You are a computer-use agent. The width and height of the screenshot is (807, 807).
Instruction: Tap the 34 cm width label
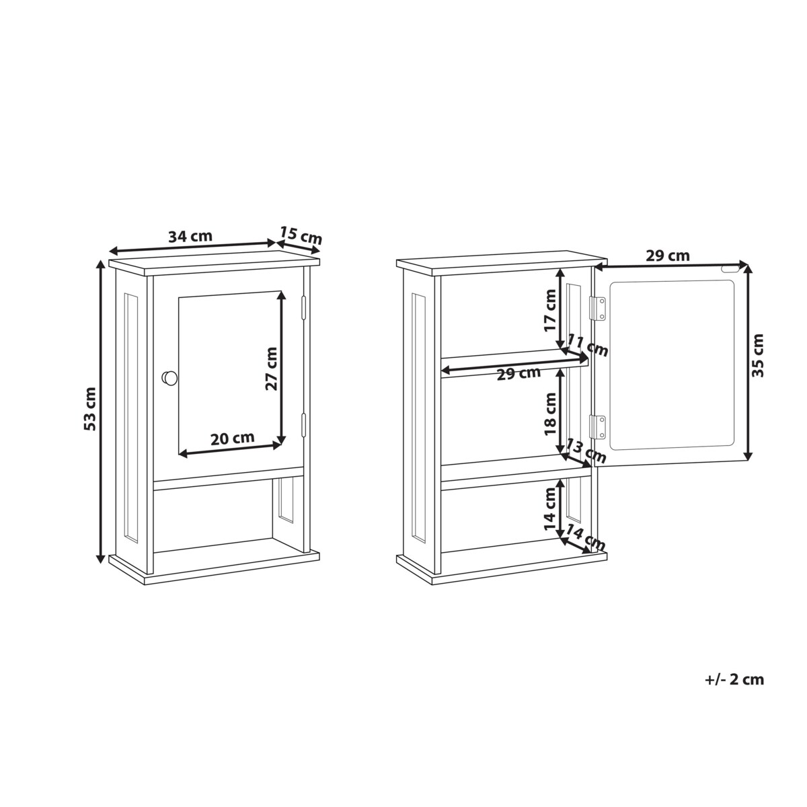click(190, 237)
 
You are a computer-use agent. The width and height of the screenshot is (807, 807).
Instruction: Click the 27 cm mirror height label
click(271, 368)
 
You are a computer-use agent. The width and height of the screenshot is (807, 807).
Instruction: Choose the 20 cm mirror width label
click(233, 438)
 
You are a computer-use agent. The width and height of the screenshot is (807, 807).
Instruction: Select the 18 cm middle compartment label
click(550, 414)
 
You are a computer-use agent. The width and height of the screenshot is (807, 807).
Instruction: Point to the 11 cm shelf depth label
click(588, 346)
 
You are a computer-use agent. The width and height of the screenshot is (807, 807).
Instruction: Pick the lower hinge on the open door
click(598, 426)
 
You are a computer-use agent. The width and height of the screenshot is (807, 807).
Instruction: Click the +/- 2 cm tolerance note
click(734, 679)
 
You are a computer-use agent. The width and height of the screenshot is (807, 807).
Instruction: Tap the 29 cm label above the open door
click(667, 256)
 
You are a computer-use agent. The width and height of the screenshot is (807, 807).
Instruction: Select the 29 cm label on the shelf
click(518, 373)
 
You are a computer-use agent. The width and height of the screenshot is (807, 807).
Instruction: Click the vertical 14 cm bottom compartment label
click(551, 509)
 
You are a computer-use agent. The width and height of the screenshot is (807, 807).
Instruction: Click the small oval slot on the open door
click(728, 268)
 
